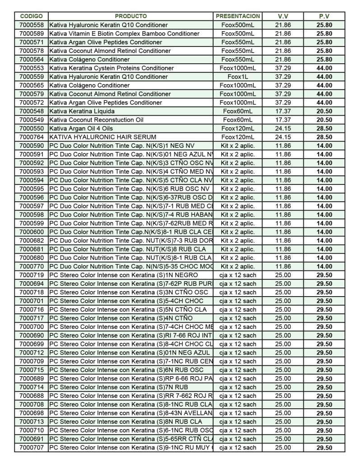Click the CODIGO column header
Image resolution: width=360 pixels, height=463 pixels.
tap(32, 16)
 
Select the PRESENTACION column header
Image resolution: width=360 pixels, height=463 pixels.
tap(238, 16)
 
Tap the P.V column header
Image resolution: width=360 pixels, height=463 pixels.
tap(324, 16)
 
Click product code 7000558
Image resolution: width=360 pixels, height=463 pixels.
tap(32, 25)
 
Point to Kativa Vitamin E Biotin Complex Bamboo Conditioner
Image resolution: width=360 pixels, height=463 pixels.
tap(124, 33)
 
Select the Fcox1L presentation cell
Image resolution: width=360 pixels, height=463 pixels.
tap(238, 77)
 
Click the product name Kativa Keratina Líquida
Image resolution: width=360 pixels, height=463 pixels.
tap(82, 111)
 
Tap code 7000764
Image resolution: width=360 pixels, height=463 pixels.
tap(32, 137)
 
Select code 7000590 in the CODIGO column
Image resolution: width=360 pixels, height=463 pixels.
tap(32, 146)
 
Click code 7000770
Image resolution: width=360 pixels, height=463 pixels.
tap(32, 266)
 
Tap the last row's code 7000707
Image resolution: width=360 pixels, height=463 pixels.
tap(32, 448)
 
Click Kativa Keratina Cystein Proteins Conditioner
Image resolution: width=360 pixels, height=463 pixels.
tap(112, 68)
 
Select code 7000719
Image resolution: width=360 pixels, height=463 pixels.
tap(32, 275)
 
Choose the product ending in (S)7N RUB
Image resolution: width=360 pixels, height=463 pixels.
tap(119, 387)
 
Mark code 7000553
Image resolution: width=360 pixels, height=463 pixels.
tap(32, 68)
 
